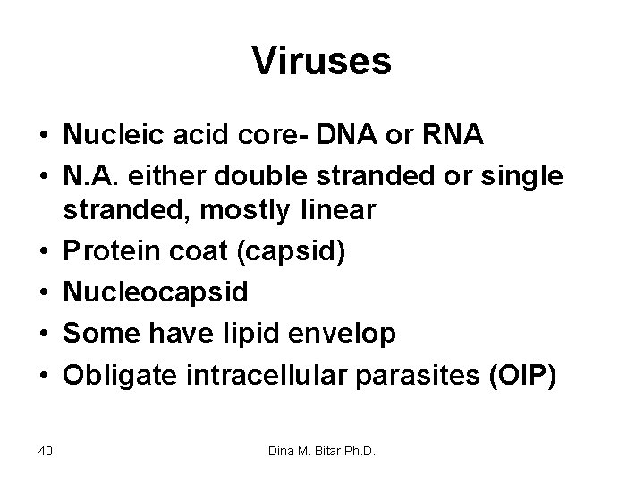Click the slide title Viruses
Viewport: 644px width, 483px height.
coord(322,62)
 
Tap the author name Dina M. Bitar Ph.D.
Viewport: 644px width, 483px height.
coord(321,450)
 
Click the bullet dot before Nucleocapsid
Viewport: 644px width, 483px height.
coord(43,292)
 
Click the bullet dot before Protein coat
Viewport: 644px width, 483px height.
coord(43,253)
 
